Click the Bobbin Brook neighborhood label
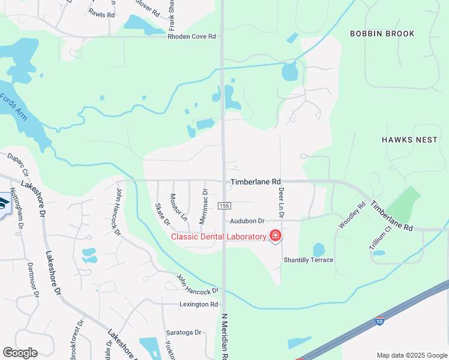[x=382, y=34]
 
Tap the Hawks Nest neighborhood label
[x=409, y=139]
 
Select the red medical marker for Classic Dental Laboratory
[x=275, y=236]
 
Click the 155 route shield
[x=224, y=206]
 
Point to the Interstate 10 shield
[x=379, y=322]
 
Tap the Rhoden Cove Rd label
[x=191, y=37]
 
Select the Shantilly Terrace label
[x=309, y=260]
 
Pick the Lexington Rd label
[x=199, y=305]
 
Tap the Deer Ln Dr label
[x=281, y=202]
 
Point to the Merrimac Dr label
[x=205, y=207]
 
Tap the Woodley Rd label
[x=352, y=215]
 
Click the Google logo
[x=20, y=353]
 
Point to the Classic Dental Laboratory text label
[x=218, y=236]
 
